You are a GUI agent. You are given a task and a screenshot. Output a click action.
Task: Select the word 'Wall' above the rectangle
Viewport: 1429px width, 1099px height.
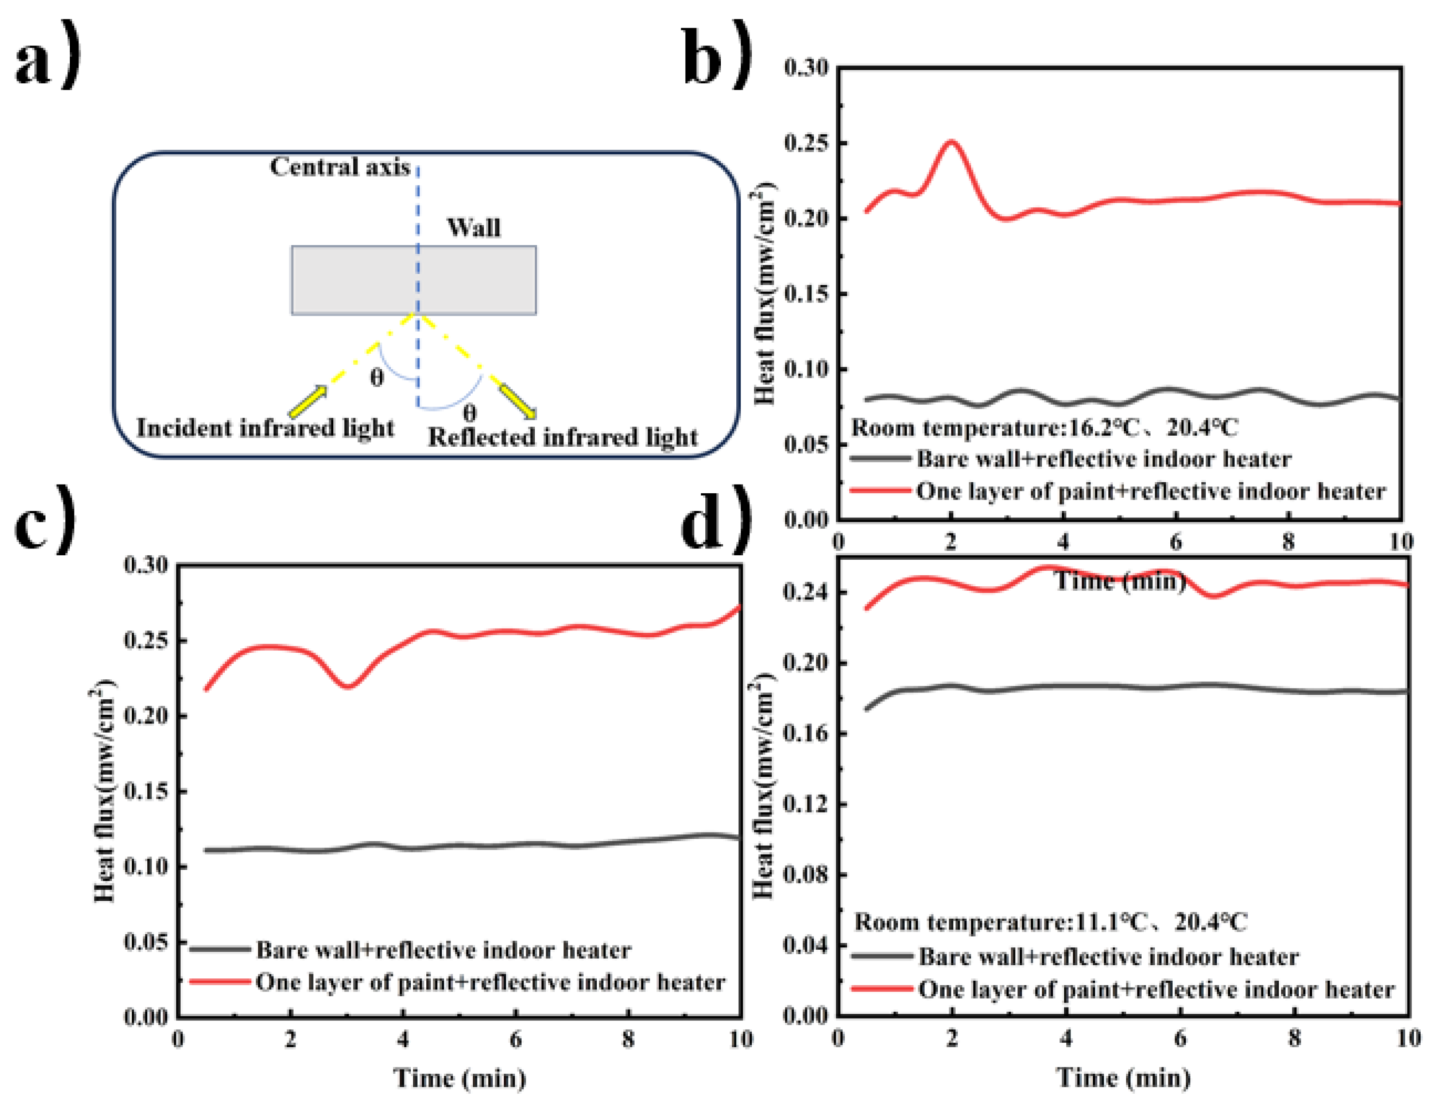pos(473,228)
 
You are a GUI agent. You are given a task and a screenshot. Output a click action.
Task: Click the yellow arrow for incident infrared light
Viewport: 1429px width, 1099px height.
pos(308,402)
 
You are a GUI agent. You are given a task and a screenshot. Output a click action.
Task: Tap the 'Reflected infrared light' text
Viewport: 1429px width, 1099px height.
pos(562,437)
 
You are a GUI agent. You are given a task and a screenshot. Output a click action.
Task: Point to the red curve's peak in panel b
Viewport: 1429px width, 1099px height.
pos(950,141)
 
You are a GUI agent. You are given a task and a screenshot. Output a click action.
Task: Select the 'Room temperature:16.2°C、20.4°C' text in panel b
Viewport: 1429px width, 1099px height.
pos(1044,428)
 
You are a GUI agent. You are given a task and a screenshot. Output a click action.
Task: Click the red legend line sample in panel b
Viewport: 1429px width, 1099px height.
pos(880,490)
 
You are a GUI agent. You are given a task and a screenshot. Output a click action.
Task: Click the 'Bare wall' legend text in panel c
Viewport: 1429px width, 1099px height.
pos(443,949)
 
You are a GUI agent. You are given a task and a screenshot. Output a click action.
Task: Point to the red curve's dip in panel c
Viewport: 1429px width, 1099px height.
pos(348,686)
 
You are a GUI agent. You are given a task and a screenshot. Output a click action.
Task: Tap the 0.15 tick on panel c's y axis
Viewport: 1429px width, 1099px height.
pos(145,791)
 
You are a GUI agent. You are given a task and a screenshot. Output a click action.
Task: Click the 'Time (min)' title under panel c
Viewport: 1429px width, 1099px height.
pos(459,1077)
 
